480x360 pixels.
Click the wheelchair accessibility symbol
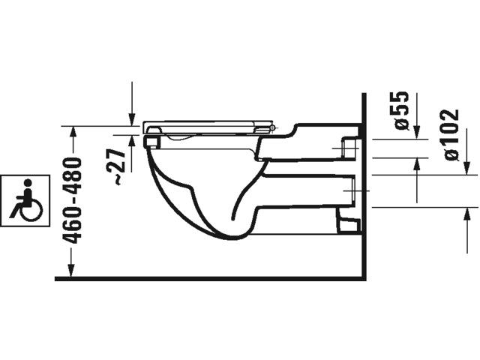pos(25,200)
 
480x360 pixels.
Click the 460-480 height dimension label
pos(72,200)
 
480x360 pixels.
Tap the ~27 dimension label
pos(119,166)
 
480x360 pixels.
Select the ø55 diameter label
pos(401,110)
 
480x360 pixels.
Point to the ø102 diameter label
pos(451,135)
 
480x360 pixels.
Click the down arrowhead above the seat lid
pos(132,119)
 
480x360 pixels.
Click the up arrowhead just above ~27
pos(132,141)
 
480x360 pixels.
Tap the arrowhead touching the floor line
pos(71,270)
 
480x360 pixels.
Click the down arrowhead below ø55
pos(416,132)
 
